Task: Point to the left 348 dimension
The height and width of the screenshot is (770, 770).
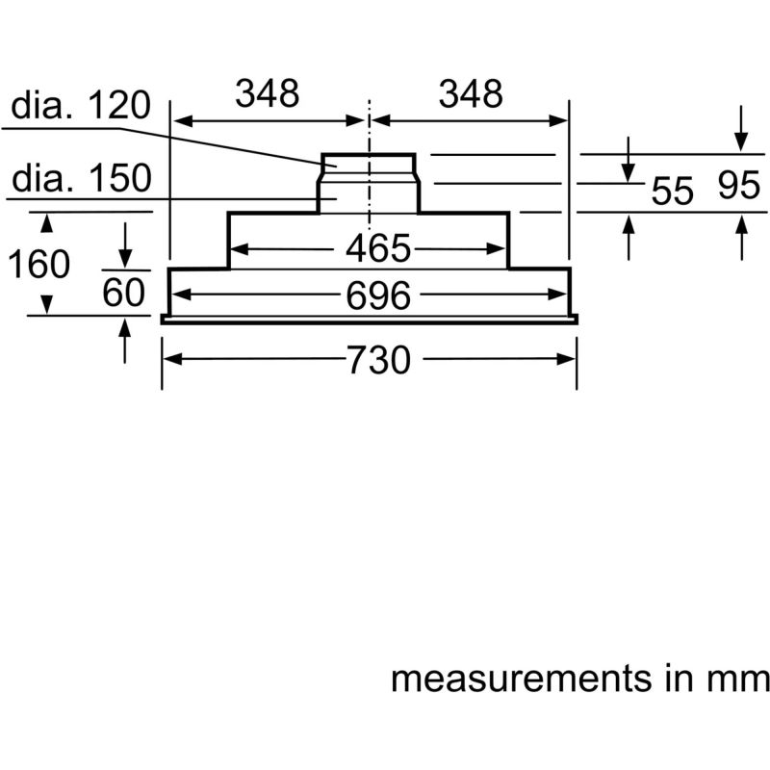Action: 269,94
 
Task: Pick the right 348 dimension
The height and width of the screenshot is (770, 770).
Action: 471,94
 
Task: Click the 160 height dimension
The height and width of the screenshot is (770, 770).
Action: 39,263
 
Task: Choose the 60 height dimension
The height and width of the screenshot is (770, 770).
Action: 124,292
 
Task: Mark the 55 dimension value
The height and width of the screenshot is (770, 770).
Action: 672,191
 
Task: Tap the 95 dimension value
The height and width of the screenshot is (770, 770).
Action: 739,188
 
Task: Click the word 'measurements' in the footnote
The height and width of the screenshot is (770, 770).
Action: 520,679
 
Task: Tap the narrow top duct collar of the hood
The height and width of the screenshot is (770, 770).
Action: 369,166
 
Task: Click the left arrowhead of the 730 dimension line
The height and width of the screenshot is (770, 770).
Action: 169,359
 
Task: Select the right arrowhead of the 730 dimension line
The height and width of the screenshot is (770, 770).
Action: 569,359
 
